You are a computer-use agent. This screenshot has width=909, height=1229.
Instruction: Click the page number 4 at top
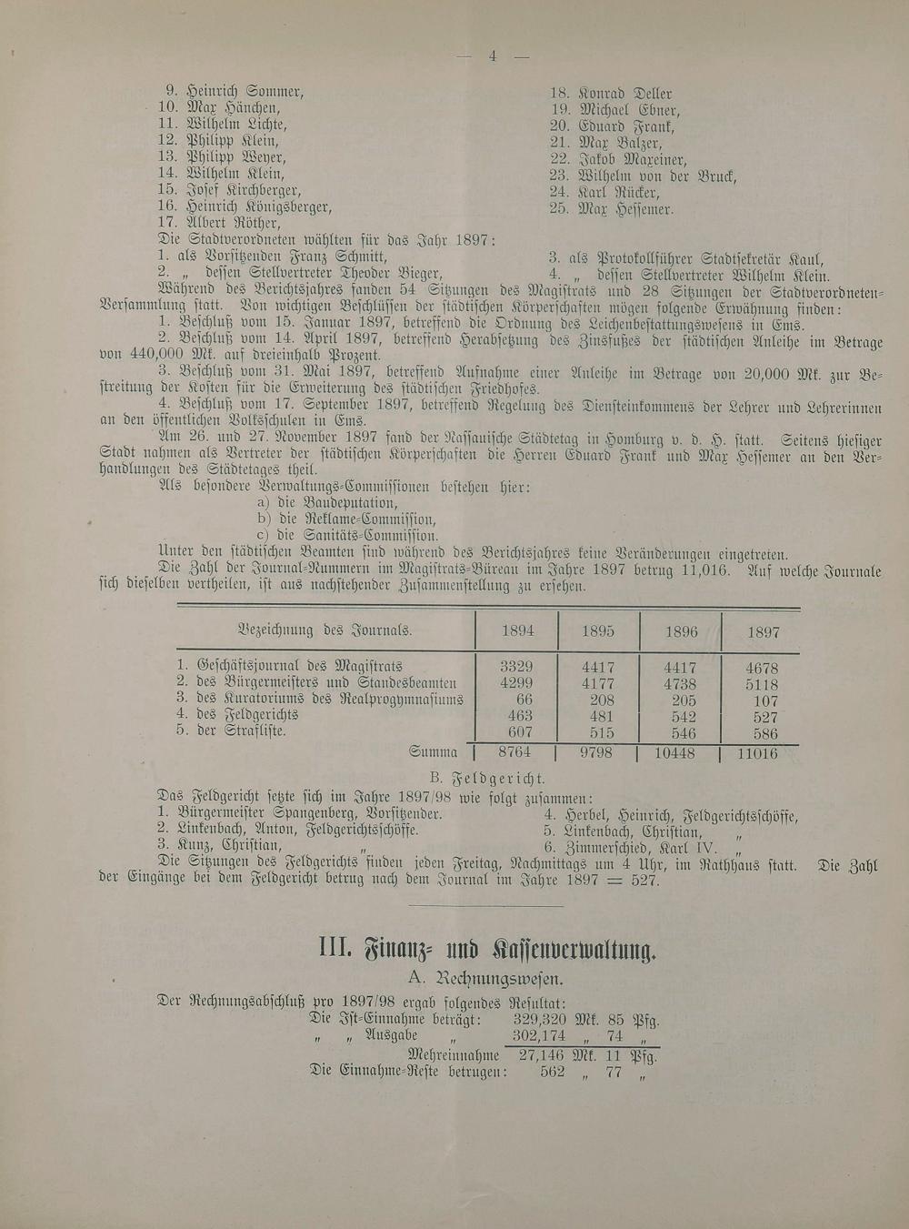[492, 56]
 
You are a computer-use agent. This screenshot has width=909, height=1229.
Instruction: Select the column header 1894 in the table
[517, 630]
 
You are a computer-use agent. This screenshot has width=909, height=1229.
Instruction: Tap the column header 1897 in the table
[762, 631]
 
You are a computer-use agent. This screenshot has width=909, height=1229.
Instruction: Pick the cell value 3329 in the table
[516, 667]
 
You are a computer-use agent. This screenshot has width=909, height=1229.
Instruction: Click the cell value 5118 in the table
[761, 684]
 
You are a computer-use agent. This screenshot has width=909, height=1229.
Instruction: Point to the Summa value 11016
[758, 753]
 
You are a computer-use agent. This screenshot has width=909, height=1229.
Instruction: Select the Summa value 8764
[514, 752]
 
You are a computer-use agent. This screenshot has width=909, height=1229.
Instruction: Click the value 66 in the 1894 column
[524, 699]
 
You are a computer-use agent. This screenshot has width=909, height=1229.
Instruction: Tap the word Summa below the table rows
[434, 752]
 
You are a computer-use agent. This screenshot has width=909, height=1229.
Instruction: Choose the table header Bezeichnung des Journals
[324, 630]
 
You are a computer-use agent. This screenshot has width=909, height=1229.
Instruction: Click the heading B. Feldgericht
[487, 778]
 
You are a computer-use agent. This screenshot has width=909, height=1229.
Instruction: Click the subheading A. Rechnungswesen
[487, 979]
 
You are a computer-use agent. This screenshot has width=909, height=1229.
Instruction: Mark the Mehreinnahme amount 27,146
[542, 1055]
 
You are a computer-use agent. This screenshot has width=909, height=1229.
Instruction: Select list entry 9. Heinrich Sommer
[234, 92]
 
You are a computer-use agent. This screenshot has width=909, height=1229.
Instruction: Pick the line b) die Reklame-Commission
[345, 519]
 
